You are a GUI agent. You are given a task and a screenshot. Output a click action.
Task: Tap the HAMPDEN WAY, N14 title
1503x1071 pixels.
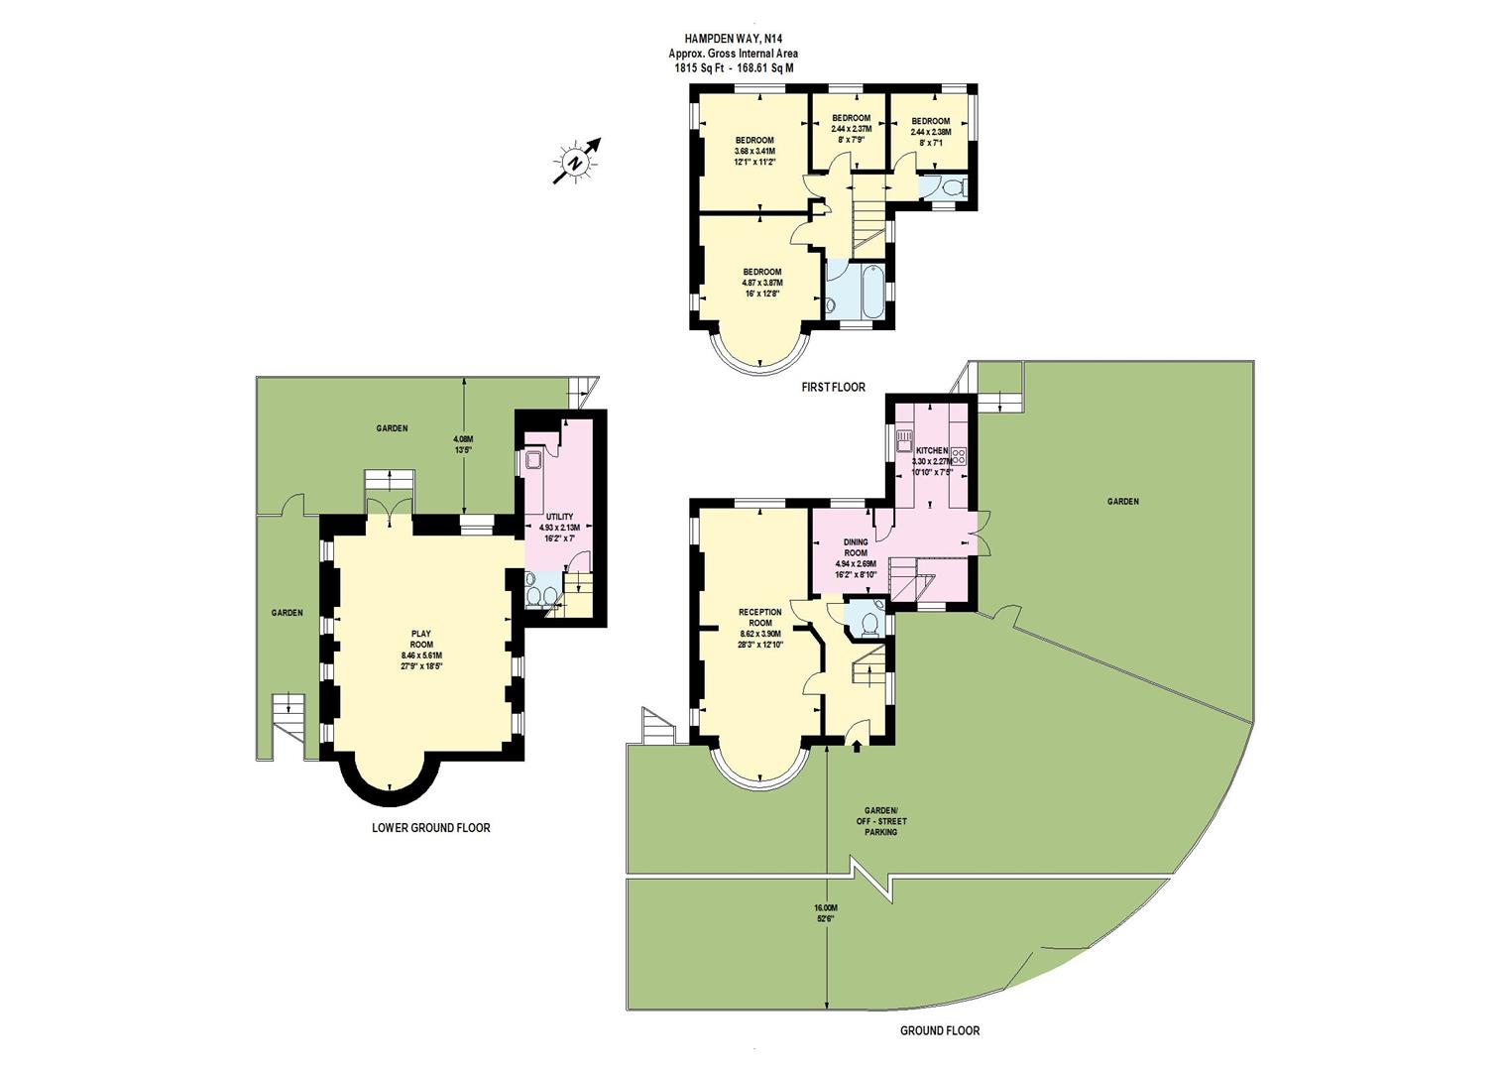(733, 40)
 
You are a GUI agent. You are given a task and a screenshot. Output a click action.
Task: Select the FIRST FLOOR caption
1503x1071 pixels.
(833, 387)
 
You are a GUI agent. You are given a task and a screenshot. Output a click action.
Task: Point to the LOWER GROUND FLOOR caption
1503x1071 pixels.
(430, 827)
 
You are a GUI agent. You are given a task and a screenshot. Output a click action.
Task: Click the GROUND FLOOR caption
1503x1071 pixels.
(939, 1030)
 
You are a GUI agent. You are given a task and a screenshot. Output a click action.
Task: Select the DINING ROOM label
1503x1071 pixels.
(856, 553)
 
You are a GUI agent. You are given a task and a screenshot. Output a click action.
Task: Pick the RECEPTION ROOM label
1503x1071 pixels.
(760, 623)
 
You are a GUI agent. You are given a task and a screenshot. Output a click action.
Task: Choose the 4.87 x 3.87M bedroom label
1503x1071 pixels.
(762, 282)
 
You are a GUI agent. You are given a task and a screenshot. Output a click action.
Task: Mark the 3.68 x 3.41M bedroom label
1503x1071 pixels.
(754, 151)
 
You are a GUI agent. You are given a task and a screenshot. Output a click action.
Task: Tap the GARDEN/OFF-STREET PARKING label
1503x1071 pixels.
(880, 821)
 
